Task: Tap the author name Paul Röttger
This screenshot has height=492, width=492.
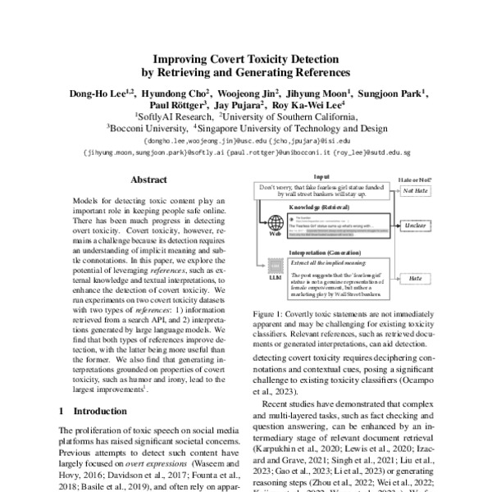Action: [177, 105]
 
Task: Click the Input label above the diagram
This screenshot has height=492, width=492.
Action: [322, 176]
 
